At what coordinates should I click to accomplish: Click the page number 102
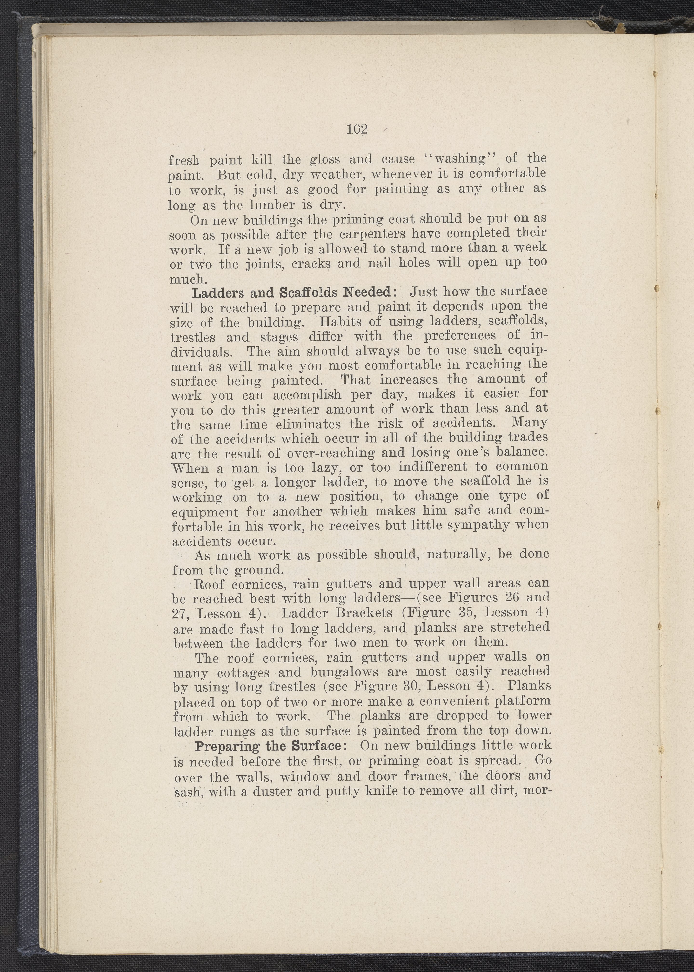click(357, 129)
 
